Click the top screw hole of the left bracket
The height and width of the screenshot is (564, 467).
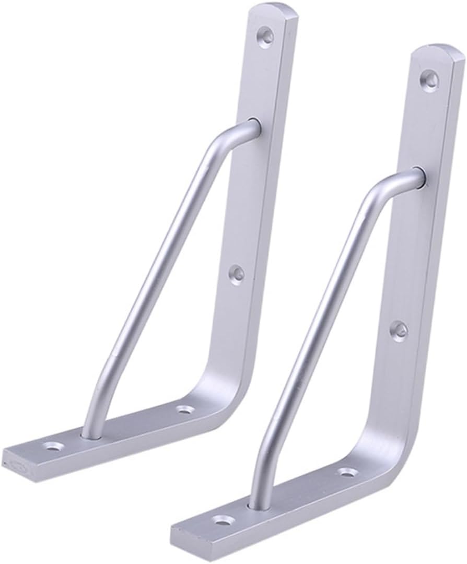point(267,36)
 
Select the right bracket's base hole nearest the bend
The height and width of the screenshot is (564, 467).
point(347,473)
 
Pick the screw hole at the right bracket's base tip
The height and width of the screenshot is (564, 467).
point(224,520)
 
